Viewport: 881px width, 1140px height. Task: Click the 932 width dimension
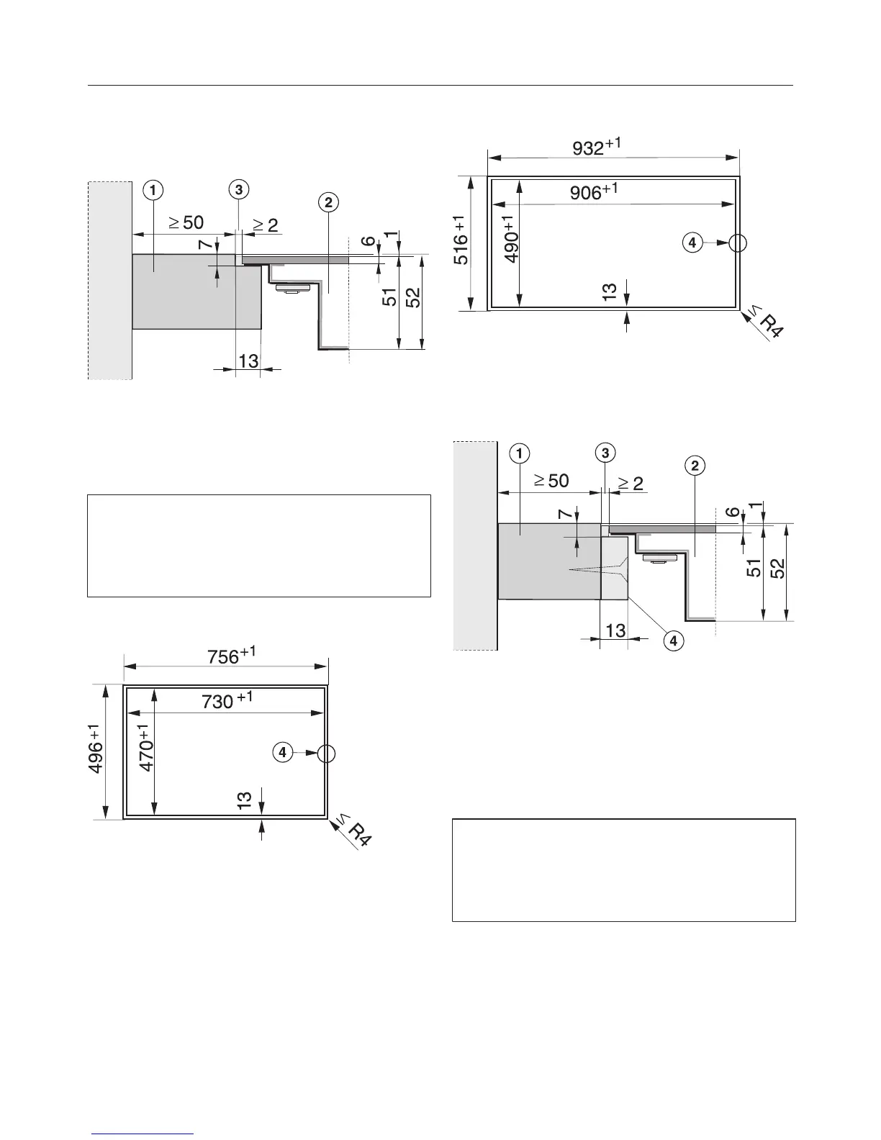(x=596, y=147)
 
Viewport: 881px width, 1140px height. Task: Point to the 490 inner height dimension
(x=510, y=238)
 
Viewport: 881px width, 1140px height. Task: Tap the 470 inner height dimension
(x=147, y=748)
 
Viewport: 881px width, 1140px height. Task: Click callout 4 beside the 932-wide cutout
(x=692, y=243)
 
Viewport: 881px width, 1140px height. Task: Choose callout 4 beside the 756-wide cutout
(x=283, y=752)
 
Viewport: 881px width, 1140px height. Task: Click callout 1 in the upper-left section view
(x=152, y=190)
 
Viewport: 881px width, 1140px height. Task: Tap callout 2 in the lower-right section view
(x=694, y=466)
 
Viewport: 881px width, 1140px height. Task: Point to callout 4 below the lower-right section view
(x=673, y=640)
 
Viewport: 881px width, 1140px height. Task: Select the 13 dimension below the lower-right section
(x=615, y=631)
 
